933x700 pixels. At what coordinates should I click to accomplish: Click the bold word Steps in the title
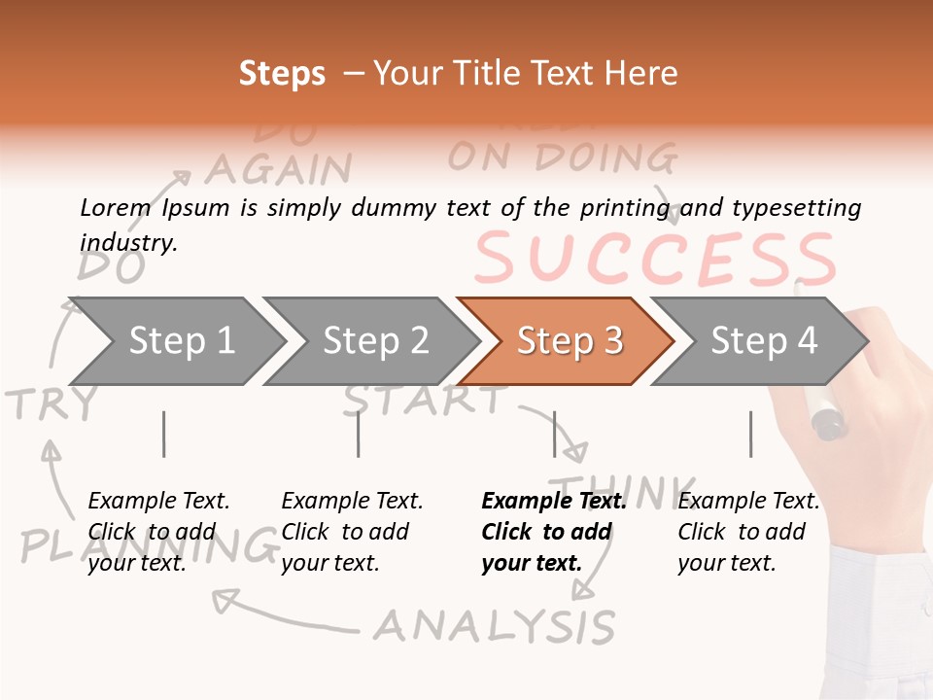click(x=282, y=74)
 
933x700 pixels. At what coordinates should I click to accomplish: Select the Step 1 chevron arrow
click(x=175, y=341)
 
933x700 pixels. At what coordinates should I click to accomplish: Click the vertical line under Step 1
click(x=163, y=434)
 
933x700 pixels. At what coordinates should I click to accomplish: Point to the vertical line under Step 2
click(x=358, y=434)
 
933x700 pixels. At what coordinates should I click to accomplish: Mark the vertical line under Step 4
click(x=750, y=434)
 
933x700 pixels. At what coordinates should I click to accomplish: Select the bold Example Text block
click(x=552, y=532)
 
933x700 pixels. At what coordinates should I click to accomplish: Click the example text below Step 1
click(x=157, y=532)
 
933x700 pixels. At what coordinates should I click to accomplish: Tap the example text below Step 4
click(x=747, y=532)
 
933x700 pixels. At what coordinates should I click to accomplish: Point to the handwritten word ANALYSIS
click(x=495, y=626)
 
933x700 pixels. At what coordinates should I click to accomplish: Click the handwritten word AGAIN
click(x=278, y=169)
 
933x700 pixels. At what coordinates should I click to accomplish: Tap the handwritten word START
click(x=425, y=399)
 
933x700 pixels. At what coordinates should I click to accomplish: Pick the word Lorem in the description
click(x=116, y=207)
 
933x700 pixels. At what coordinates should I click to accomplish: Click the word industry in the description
click(x=127, y=242)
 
